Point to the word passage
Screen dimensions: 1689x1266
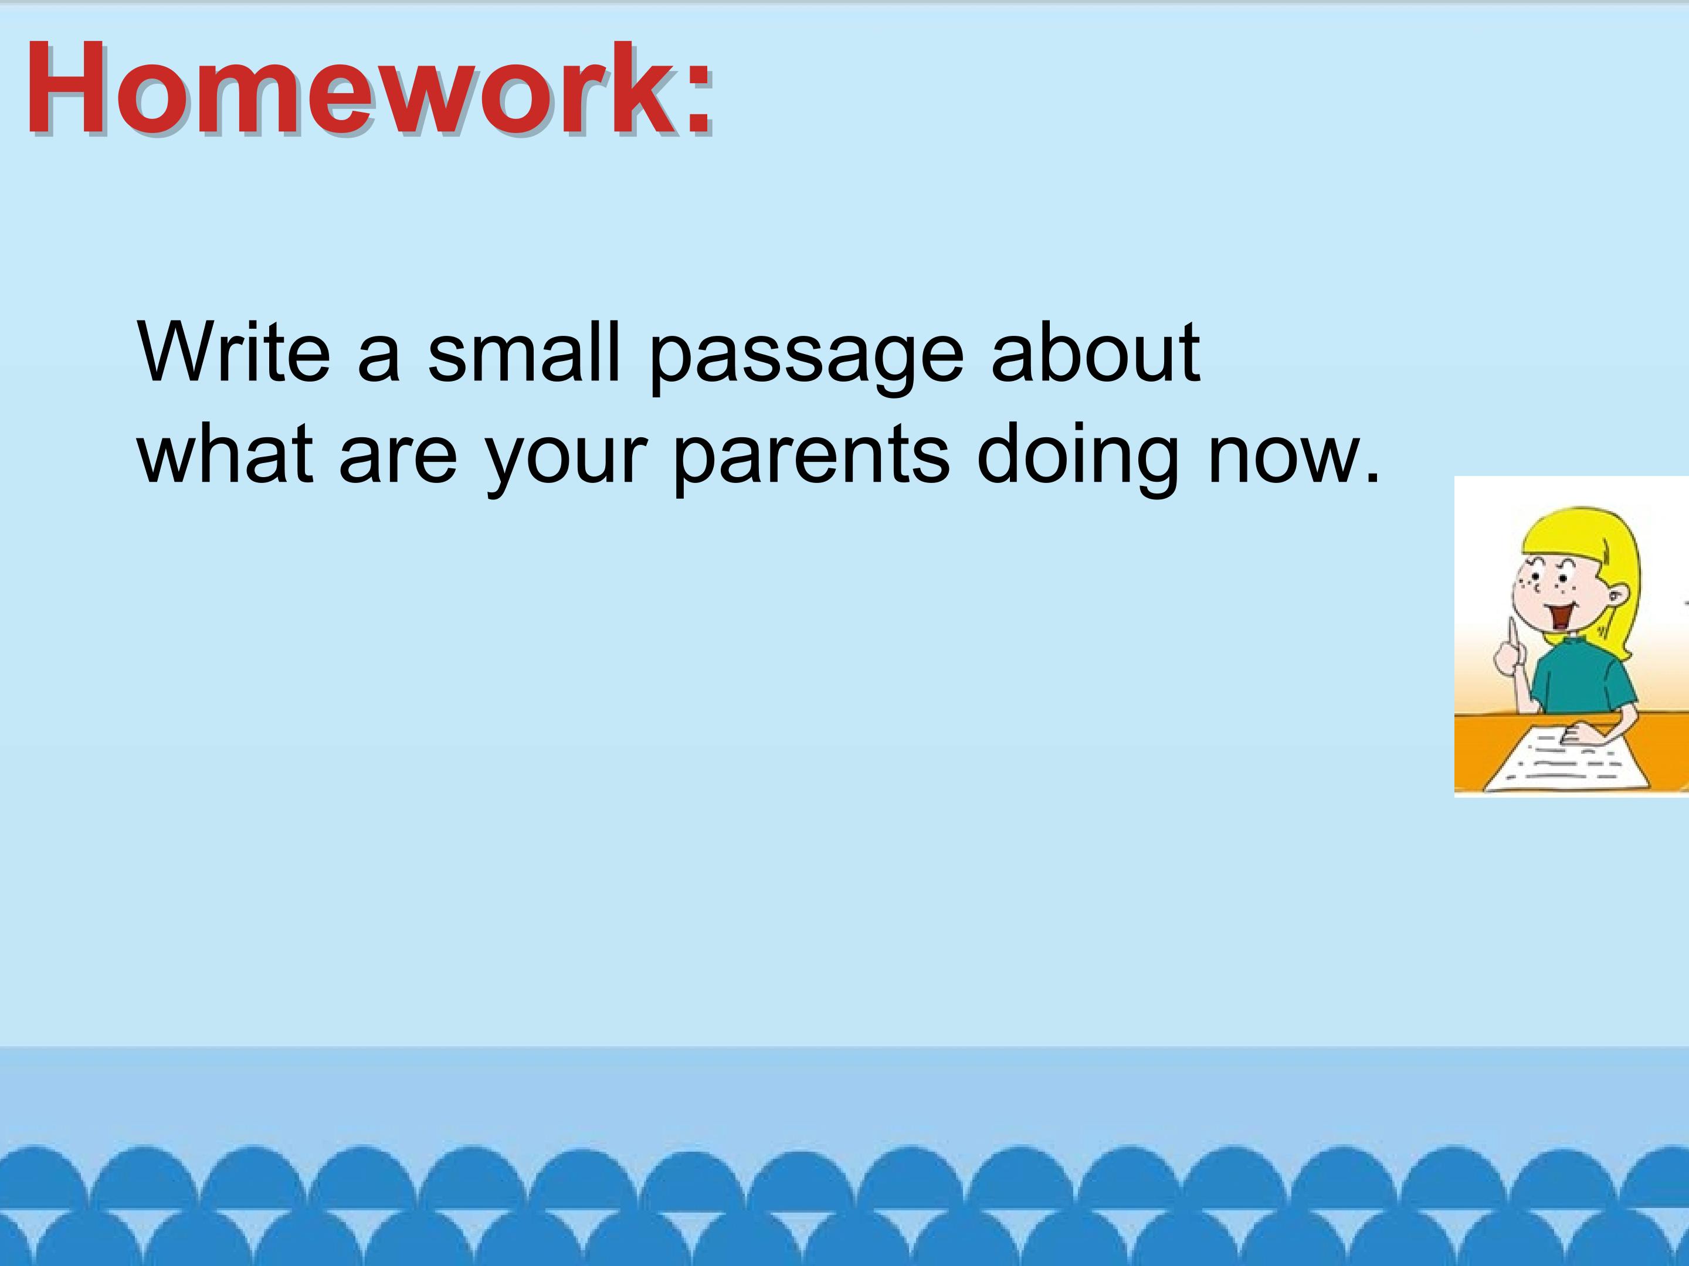pyautogui.click(x=806, y=359)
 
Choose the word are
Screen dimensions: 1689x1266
pyautogui.click(x=398, y=462)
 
